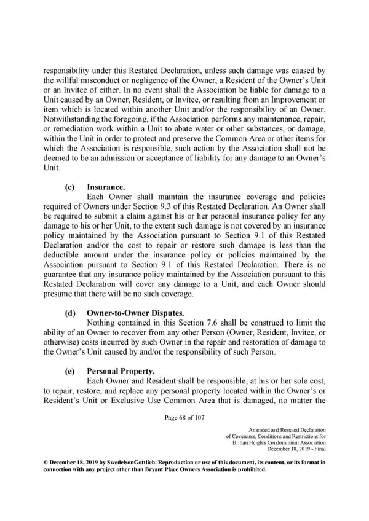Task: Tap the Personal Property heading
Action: (117, 372)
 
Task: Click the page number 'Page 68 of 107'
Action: (184, 417)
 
